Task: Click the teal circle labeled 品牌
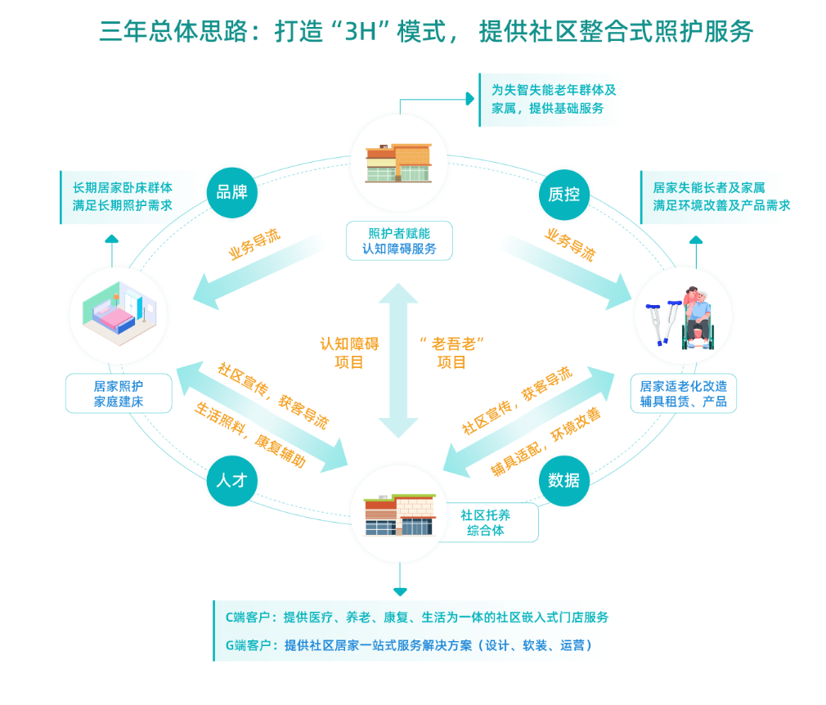[x=231, y=193]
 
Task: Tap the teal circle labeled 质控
[x=564, y=194]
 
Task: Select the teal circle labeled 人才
[x=231, y=480]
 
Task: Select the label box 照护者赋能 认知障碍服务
[x=399, y=240]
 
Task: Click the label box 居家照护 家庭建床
[x=119, y=393]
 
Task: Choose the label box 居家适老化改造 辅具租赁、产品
[x=684, y=393]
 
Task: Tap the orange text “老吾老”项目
[x=451, y=352]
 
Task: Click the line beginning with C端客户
[x=417, y=617]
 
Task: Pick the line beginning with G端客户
[x=409, y=645]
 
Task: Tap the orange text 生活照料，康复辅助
[x=250, y=434]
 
